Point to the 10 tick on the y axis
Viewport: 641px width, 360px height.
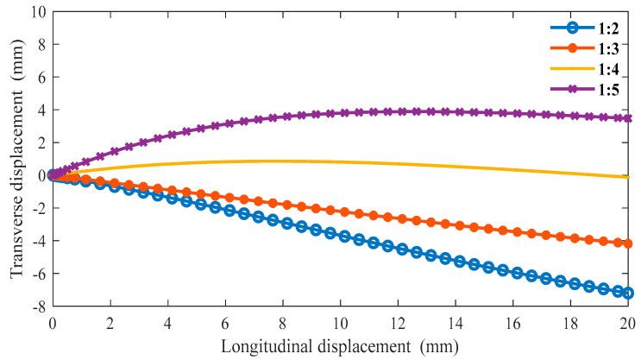35,11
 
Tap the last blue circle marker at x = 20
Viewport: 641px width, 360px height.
627,294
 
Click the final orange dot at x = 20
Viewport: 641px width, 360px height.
627,243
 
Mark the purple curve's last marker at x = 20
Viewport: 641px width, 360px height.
627,117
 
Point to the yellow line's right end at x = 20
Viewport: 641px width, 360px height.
627,177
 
